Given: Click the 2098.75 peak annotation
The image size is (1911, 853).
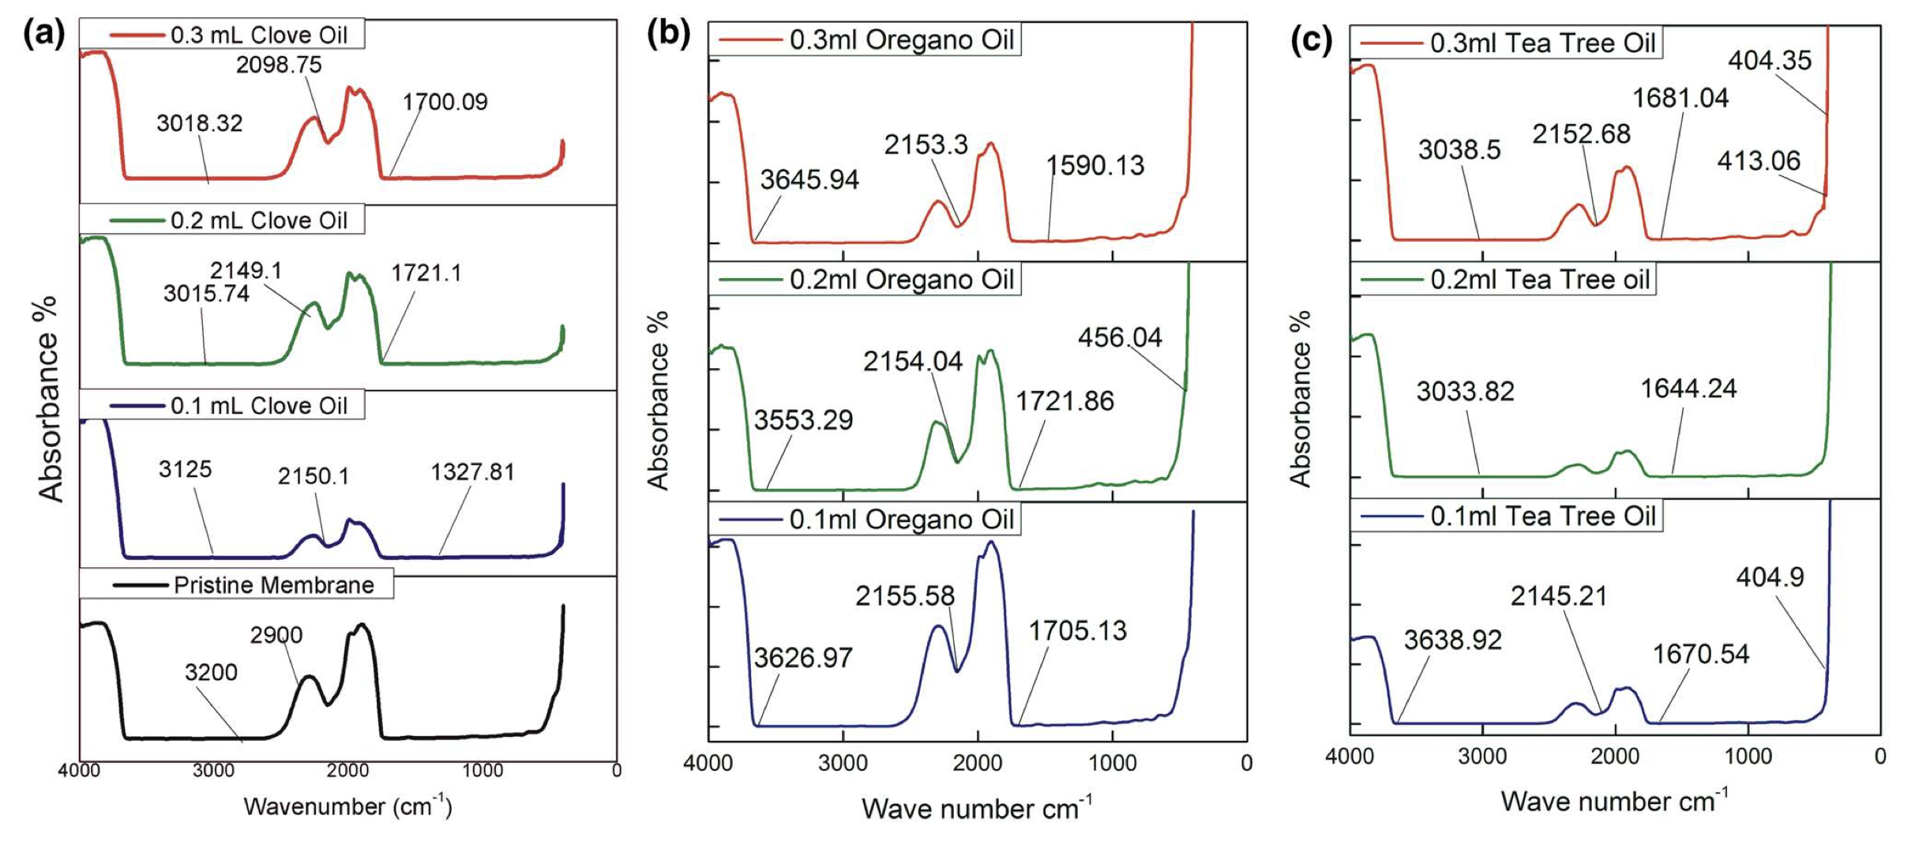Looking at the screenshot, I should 279,65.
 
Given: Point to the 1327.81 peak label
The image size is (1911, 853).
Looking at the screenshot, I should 472,472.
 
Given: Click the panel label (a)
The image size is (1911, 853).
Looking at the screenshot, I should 44,34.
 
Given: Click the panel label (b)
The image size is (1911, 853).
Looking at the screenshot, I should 668,34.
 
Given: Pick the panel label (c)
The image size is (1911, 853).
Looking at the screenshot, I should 1311,39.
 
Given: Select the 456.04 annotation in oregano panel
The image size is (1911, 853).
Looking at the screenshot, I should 1120,338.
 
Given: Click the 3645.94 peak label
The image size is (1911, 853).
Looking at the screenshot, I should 809,180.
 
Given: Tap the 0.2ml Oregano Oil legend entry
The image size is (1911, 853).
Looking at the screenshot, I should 901,280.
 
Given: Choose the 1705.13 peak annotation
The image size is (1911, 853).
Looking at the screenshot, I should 1077,631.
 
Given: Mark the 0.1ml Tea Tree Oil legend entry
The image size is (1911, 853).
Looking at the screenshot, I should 1542,517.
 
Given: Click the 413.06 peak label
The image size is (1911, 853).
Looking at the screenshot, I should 1759,161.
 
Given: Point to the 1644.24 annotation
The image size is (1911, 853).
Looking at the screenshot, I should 1688,389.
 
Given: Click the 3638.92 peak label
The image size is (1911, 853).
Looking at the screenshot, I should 1452,640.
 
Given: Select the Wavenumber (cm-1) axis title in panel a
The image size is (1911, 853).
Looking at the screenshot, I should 347,806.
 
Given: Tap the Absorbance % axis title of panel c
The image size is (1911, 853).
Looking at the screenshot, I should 1300,399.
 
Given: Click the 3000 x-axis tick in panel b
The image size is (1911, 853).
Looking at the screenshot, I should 843,764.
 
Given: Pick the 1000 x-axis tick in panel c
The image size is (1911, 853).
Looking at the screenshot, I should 1748,757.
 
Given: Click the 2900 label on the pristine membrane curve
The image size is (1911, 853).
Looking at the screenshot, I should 276,635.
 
